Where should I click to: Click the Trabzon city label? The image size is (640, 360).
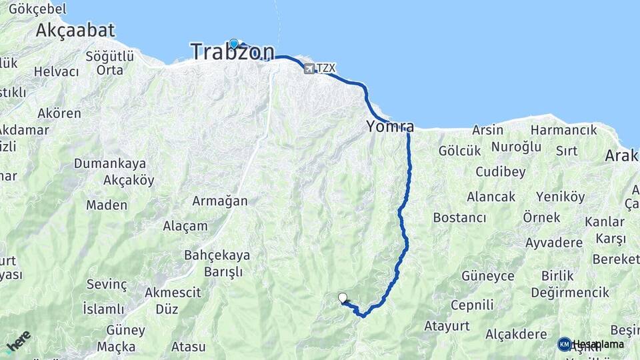[x=232, y=52]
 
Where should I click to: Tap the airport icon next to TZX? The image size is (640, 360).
[x=309, y=68]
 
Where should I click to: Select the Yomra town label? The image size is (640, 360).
[x=390, y=126]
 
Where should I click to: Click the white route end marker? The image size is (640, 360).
[x=343, y=298]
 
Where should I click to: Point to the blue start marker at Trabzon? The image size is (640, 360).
[x=234, y=43]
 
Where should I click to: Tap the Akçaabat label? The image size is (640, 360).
[x=75, y=30]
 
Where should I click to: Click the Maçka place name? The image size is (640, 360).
[x=116, y=347]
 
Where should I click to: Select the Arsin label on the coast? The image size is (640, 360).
[x=487, y=130]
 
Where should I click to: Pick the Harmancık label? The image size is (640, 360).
[x=564, y=130]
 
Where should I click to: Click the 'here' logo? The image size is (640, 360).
[x=18, y=341]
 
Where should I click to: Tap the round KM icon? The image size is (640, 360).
[x=565, y=344]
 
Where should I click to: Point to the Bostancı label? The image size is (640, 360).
[x=459, y=217]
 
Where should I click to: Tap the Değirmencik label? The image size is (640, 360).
[x=570, y=292]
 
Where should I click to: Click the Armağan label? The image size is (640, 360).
[x=220, y=201]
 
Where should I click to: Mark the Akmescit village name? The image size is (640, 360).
[x=173, y=291]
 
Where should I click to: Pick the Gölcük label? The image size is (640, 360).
[x=459, y=151]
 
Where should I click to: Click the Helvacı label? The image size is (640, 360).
[x=57, y=71]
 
